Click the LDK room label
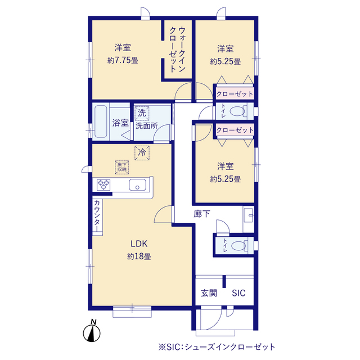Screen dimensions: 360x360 click(x=139, y=244)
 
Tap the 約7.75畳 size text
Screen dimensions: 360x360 click(x=123, y=60)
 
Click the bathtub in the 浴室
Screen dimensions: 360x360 click(x=101, y=121)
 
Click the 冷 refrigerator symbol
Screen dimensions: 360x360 click(x=142, y=151)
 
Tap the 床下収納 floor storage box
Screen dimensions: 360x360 click(x=122, y=166)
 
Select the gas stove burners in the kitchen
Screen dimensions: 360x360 click(x=104, y=184)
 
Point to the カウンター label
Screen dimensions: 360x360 click(x=97, y=216)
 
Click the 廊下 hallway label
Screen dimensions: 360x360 click(x=201, y=213)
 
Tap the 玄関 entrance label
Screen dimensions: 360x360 click(x=209, y=294)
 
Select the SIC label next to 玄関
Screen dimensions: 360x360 click(x=238, y=294)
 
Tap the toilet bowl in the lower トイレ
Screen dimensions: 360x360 click(x=240, y=246)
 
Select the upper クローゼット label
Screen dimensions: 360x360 click(x=235, y=93)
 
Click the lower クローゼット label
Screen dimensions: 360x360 click(x=235, y=130)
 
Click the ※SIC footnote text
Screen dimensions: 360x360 click(x=217, y=346)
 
